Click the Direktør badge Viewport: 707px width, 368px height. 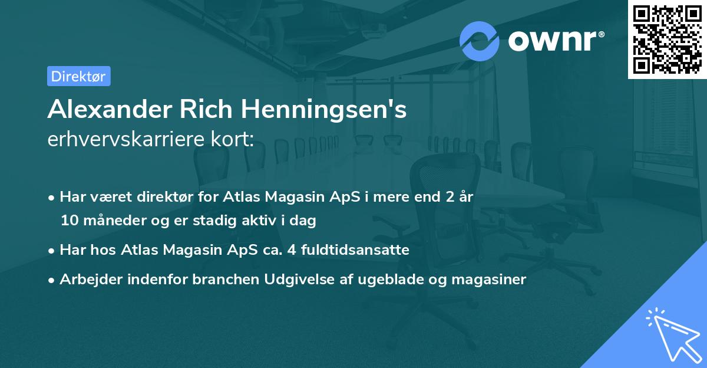[78, 76]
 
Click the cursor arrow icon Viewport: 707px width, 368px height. [672, 334]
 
